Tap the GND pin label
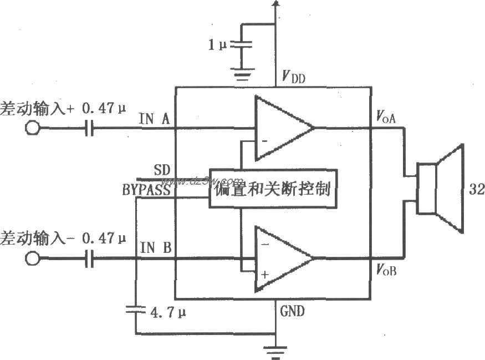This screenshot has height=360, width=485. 292,311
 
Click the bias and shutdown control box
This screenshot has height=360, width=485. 272,188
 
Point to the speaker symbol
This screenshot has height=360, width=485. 441,188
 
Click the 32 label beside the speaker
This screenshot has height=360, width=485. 476,189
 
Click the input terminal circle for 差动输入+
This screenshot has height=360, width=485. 33,129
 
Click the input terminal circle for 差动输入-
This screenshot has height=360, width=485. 33,259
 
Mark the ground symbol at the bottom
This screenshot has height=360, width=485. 275,349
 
